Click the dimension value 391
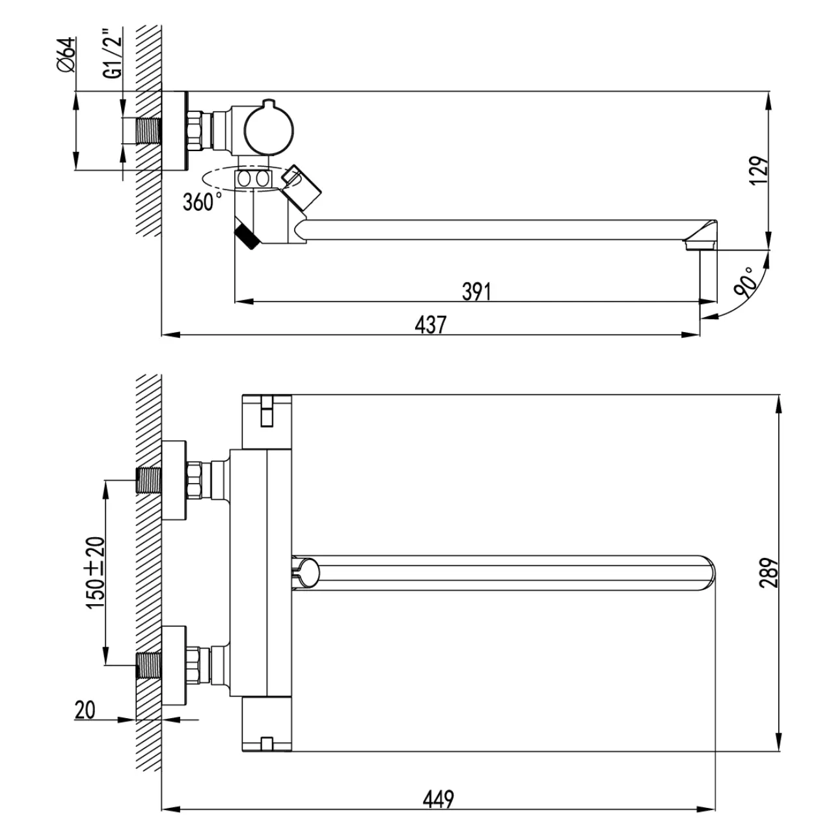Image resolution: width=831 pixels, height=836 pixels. point(476,292)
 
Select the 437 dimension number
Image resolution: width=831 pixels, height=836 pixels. point(430,325)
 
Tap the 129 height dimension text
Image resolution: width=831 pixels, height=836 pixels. point(759,171)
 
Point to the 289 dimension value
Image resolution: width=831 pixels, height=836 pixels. point(769,573)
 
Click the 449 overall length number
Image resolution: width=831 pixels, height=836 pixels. point(438,799)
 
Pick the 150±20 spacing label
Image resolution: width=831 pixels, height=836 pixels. point(96,573)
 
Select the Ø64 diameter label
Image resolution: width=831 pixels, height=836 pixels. point(66,55)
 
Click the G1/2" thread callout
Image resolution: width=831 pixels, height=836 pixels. point(113,53)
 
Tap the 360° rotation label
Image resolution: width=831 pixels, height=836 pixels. point(202,202)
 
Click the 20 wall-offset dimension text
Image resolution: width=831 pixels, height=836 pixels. point(85,710)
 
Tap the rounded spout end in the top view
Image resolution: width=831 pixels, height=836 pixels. point(708,573)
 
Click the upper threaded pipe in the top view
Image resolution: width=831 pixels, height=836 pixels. point(149,481)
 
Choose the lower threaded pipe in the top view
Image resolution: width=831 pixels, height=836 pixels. point(149,665)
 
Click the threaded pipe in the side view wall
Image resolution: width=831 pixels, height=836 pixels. point(149,131)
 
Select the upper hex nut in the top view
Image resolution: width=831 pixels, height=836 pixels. point(195,480)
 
